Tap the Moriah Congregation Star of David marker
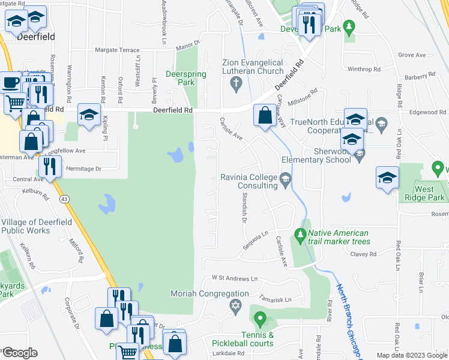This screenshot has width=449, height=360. pos(236,306)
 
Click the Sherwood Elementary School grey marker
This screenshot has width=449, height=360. pos(359,156)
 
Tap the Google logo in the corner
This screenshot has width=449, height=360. pos(20,352)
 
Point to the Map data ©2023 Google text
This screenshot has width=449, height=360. pos(412,355)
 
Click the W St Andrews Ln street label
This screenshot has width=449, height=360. pos(234,278)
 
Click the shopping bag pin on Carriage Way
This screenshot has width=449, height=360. pos(264,115)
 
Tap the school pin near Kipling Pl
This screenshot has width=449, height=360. pos(89,116)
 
